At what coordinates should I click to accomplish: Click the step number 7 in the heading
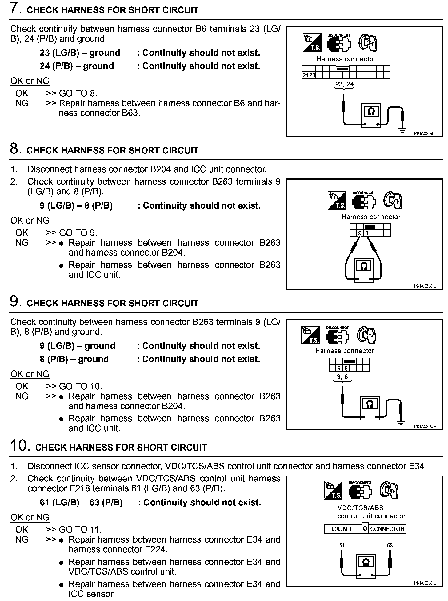[x=15, y=8]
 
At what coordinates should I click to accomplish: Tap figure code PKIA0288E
[x=425, y=134]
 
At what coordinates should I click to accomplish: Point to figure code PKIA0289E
[x=425, y=286]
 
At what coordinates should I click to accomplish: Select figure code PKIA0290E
[x=425, y=426]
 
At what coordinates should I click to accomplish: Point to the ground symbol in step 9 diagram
[x=401, y=423]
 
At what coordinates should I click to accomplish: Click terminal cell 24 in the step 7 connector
[x=305, y=75]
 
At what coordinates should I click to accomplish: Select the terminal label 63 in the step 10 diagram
[x=390, y=546]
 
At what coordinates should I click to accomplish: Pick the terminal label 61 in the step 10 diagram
[x=342, y=545]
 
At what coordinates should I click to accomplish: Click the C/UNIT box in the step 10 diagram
[x=342, y=529]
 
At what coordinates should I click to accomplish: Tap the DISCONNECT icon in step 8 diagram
[x=364, y=201]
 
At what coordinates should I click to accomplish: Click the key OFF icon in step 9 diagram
[x=366, y=335]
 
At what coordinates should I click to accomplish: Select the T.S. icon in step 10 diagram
[x=333, y=490]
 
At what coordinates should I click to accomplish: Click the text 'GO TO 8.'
[x=78, y=93]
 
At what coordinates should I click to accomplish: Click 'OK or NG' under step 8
[x=30, y=221]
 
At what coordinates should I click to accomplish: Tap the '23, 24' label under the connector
[x=344, y=84]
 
